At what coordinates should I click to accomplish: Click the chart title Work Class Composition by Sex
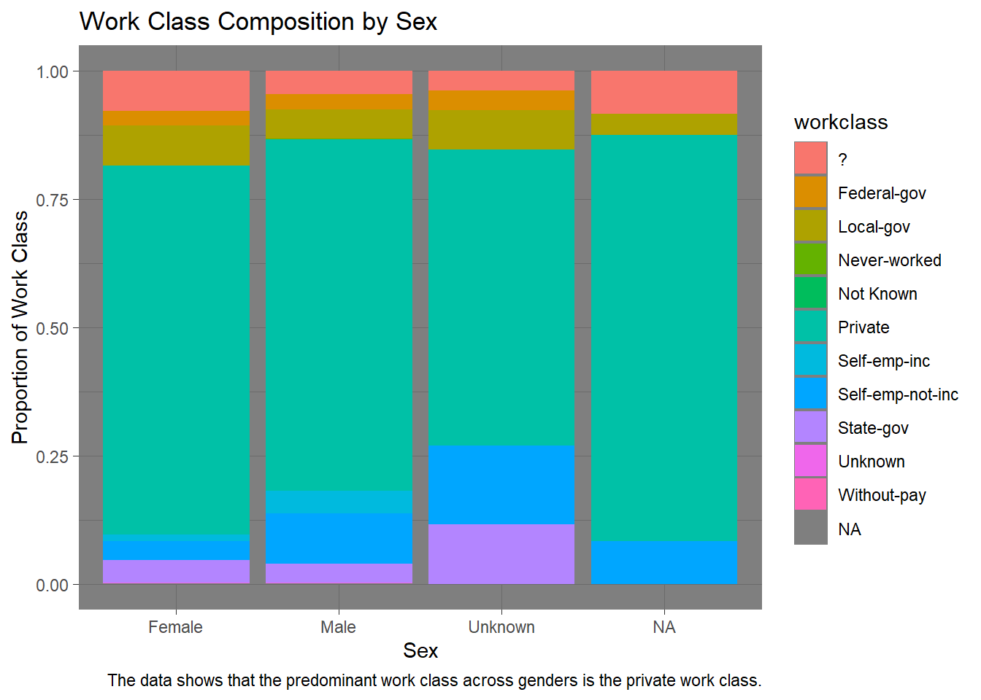tap(258, 22)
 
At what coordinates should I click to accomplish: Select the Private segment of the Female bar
tap(176, 350)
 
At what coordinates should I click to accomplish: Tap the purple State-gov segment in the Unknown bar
tap(501, 554)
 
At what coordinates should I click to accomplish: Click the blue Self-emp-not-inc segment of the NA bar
tap(664, 562)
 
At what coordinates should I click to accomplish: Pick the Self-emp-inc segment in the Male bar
tap(339, 502)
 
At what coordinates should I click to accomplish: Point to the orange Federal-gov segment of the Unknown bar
tap(501, 101)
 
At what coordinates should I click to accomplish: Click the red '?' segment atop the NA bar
tap(664, 93)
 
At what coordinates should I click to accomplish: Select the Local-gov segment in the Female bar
tap(176, 146)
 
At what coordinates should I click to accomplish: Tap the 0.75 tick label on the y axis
tap(52, 201)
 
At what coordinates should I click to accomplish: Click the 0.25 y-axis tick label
tap(52, 457)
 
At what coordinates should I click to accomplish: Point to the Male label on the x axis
tap(338, 627)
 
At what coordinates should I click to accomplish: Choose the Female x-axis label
tap(175, 627)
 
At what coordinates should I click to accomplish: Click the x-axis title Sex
tap(420, 651)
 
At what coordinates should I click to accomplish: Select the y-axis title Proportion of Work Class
tap(20, 327)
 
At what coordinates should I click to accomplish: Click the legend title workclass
tap(841, 122)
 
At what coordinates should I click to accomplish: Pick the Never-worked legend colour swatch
tap(810, 260)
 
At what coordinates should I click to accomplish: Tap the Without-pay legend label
tap(882, 496)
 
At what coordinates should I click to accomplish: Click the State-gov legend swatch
tap(810, 427)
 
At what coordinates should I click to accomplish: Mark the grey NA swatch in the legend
tap(810, 528)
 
